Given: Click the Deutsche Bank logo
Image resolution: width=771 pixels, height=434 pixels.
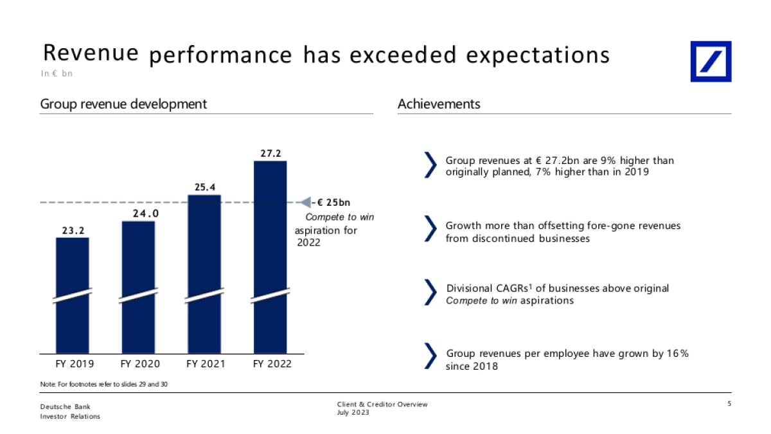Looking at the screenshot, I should [x=711, y=62].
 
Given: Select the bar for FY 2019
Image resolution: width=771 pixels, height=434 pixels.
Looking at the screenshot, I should [x=73, y=296].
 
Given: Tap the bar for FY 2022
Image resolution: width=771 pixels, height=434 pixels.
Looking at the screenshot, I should [x=270, y=257].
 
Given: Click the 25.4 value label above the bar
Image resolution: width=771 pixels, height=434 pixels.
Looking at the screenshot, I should [x=204, y=187].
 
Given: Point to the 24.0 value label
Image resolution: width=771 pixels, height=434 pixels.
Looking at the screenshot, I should [x=138, y=213].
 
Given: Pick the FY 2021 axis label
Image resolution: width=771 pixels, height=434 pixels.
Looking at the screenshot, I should [x=206, y=364].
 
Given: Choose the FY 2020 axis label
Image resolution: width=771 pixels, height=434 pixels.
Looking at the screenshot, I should [x=139, y=364].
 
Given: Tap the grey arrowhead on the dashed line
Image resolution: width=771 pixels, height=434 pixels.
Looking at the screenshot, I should [x=306, y=203].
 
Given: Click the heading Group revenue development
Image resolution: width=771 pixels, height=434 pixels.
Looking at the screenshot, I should [x=123, y=104].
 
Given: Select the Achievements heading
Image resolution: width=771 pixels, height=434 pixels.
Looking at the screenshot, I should [x=439, y=104].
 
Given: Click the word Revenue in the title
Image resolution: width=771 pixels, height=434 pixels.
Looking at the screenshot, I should [x=91, y=53].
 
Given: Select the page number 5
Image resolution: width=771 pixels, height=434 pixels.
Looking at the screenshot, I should [x=729, y=404].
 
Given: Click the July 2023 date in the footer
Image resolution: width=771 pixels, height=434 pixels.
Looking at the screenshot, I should [x=353, y=412].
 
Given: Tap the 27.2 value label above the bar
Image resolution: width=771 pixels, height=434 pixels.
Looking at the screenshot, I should [x=270, y=154].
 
